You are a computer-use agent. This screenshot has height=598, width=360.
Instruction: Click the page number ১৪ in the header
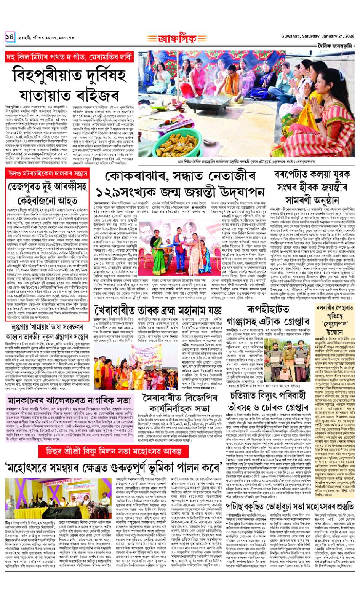click(x=10, y=37)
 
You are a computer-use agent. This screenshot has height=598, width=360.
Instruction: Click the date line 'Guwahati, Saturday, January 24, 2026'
click(x=312, y=36)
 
